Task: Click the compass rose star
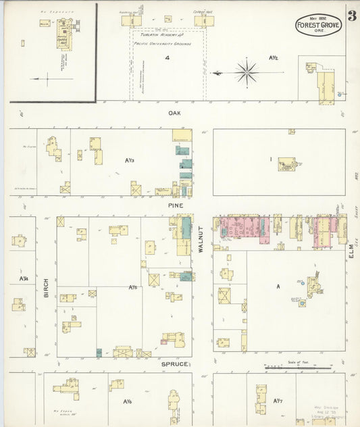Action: tap(247, 72)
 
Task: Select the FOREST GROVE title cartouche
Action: tap(318, 26)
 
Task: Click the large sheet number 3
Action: tap(352, 14)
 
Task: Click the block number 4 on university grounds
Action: tap(167, 59)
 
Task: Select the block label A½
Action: tap(274, 59)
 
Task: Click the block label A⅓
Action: tap(130, 160)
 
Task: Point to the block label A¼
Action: tap(24, 278)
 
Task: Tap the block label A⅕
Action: tap(133, 288)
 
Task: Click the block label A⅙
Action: tap(127, 402)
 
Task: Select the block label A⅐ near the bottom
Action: tap(278, 401)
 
